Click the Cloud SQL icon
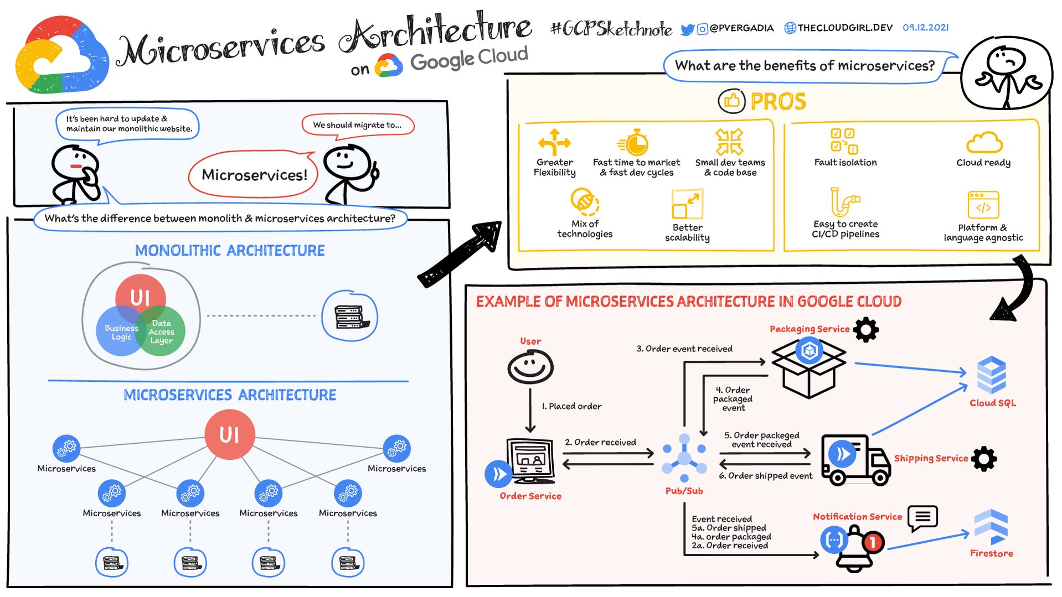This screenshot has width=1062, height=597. coord(991,375)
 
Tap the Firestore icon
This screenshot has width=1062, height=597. coord(991,526)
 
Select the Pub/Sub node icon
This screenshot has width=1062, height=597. coord(684,459)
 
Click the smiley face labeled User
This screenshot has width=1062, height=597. coord(530,367)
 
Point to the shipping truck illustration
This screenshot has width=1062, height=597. coord(854,459)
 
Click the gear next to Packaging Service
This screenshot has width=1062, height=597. coord(866,329)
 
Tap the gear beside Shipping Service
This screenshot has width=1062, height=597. coord(984,459)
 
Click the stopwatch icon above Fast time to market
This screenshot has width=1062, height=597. coord(635,143)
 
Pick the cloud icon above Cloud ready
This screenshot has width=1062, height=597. coord(984,143)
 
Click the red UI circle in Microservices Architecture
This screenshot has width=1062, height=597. coord(229,435)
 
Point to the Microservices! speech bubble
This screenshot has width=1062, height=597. coord(254,175)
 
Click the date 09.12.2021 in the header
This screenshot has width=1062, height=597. coord(925,28)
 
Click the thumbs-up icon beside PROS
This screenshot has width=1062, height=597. coord(731,101)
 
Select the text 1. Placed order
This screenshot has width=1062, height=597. coord(571,406)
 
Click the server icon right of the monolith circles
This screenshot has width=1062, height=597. coord(349,316)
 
